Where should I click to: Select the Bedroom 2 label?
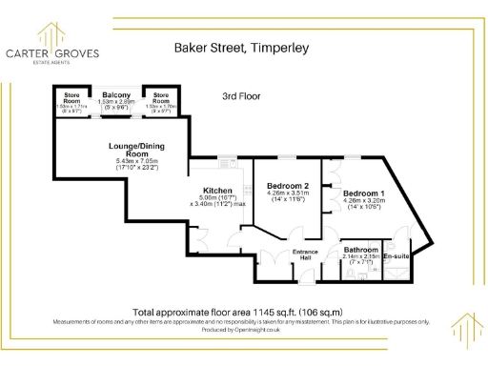coord(287,185)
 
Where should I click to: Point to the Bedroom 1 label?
coord(364,193)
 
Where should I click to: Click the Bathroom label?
coord(362,251)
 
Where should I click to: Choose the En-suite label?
coord(396,256)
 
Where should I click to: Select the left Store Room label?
coord(73,97)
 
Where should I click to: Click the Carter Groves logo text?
coord(53,53)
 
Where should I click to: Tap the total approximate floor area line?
coord(237,313)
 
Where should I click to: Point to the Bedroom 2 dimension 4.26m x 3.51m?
coord(287,193)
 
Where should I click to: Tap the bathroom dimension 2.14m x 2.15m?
coord(362,257)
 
